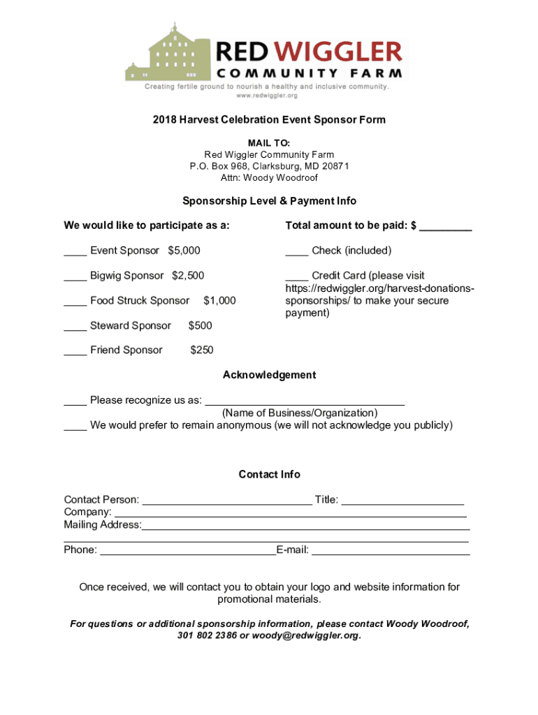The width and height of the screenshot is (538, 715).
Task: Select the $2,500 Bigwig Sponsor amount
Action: (x=188, y=276)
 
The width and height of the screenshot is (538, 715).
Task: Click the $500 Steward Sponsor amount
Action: (x=201, y=326)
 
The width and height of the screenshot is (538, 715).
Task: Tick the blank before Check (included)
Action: (x=296, y=252)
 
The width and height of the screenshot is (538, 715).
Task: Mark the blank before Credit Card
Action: (x=296, y=277)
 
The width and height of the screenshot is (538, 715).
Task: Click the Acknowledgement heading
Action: (x=269, y=376)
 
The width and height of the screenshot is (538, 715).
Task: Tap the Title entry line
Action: (x=403, y=501)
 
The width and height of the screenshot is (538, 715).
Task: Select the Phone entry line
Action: (x=188, y=551)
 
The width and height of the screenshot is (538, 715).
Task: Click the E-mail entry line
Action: (x=391, y=551)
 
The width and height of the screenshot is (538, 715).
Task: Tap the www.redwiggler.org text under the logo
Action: (x=267, y=96)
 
